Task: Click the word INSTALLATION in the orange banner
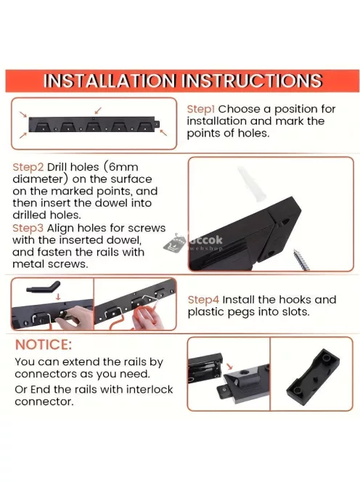pyautogui.click(x=110, y=81)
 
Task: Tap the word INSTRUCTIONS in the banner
pyautogui.click(x=252, y=81)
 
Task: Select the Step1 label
pyautogui.click(x=201, y=109)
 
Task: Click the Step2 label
pyautogui.click(x=28, y=167)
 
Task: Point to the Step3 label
pyautogui.click(x=28, y=229)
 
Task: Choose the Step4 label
pyautogui.click(x=203, y=300)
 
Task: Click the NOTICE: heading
pyautogui.click(x=44, y=345)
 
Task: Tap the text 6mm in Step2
pyautogui.click(x=124, y=167)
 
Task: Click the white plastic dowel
pyautogui.click(x=252, y=184)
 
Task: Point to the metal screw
pyautogui.click(x=301, y=260)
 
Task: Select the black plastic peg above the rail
pyautogui.click(x=44, y=287)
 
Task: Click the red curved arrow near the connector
pyautogui.click(x=229, y=367)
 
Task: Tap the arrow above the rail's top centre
pyautogui.click(x=98, y=110)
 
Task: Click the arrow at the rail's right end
pyautogui.click(x=163, y=133)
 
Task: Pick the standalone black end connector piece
pyautogui.click(x=313, y=375)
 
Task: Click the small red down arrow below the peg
pyautogui.click(x=58, y=297)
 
